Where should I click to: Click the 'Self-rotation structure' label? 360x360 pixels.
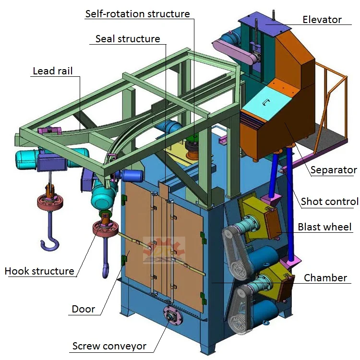coord(137,13)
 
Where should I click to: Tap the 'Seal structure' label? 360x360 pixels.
coord(128,39)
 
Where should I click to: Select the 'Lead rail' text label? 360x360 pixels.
coord(53,71)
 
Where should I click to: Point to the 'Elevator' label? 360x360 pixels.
coord(322,20)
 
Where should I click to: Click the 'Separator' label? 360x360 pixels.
coord(334,170)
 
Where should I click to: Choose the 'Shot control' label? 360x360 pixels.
coord(329,201)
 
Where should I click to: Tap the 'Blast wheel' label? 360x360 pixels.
coord(324,227)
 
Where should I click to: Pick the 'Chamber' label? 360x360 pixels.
coord(325,278)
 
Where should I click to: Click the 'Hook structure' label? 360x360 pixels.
coord(39,271)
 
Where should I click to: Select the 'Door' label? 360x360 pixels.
coord(84,309)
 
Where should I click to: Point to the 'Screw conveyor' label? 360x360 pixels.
coord(109,346)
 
